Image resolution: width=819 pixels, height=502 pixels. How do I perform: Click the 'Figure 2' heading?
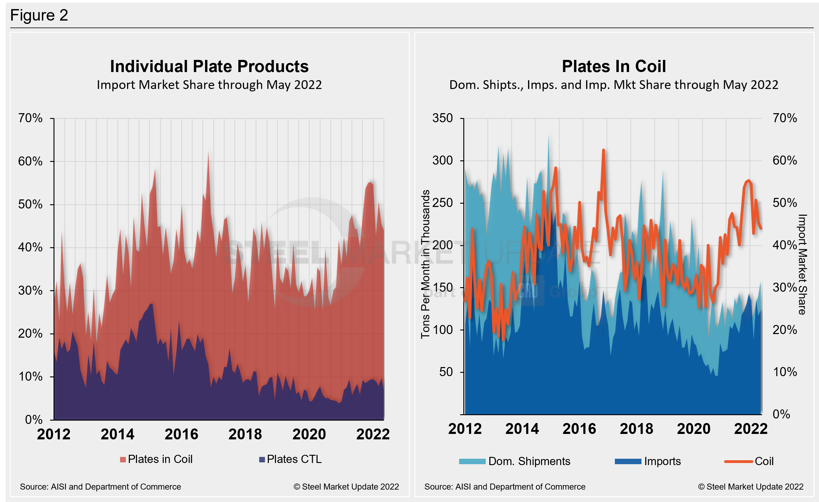[39, 15]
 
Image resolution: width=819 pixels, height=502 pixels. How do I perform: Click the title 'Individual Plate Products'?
[209, 66]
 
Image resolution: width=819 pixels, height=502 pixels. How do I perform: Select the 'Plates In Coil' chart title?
[614, 66]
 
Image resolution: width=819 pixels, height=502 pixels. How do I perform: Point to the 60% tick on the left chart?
[30, 161]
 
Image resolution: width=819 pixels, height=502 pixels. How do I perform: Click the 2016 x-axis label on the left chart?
[181, 434]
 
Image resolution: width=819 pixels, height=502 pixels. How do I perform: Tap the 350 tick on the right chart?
[442, 118]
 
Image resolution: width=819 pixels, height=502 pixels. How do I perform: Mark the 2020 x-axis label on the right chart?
[693, 429]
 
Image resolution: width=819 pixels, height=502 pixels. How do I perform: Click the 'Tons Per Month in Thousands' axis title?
[426, 264]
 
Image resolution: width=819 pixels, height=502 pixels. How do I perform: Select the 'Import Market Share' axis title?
[802, 264]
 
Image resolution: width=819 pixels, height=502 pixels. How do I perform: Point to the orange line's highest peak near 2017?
[603, 150]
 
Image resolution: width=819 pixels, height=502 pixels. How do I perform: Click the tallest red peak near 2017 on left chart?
[208, 153]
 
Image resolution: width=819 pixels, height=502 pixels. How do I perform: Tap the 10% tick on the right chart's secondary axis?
[785, 372]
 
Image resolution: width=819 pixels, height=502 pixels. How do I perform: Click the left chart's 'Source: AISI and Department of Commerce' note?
[100, 487]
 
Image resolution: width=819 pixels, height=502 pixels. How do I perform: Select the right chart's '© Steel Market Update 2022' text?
[751, 487]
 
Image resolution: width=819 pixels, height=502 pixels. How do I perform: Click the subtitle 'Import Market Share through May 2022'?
[209, 85]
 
